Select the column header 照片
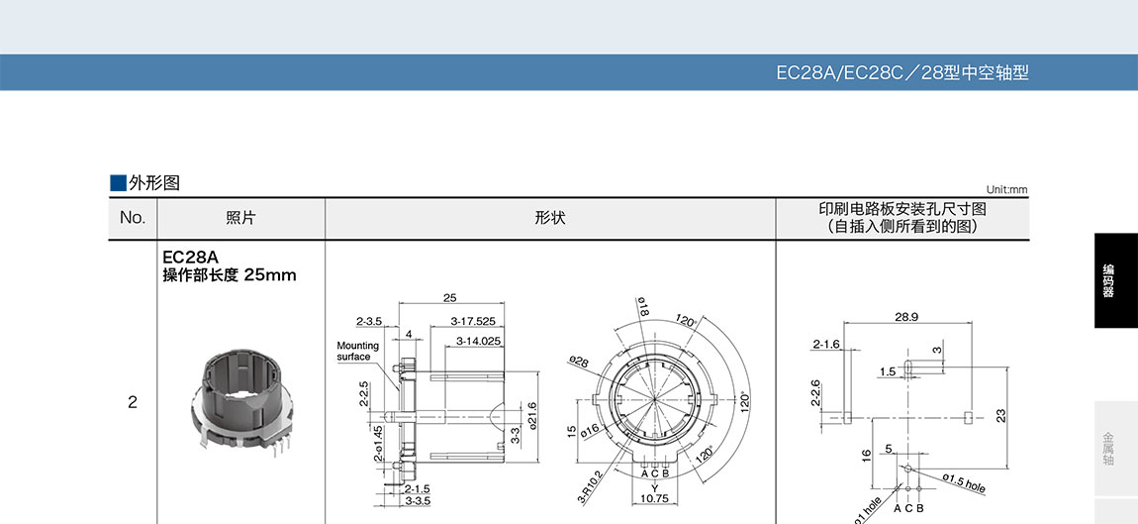240,217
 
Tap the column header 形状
550,217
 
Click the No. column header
132,217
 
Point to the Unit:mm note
1006,189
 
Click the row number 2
132,402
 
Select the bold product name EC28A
190,258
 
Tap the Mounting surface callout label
358,351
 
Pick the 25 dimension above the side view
450,298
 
